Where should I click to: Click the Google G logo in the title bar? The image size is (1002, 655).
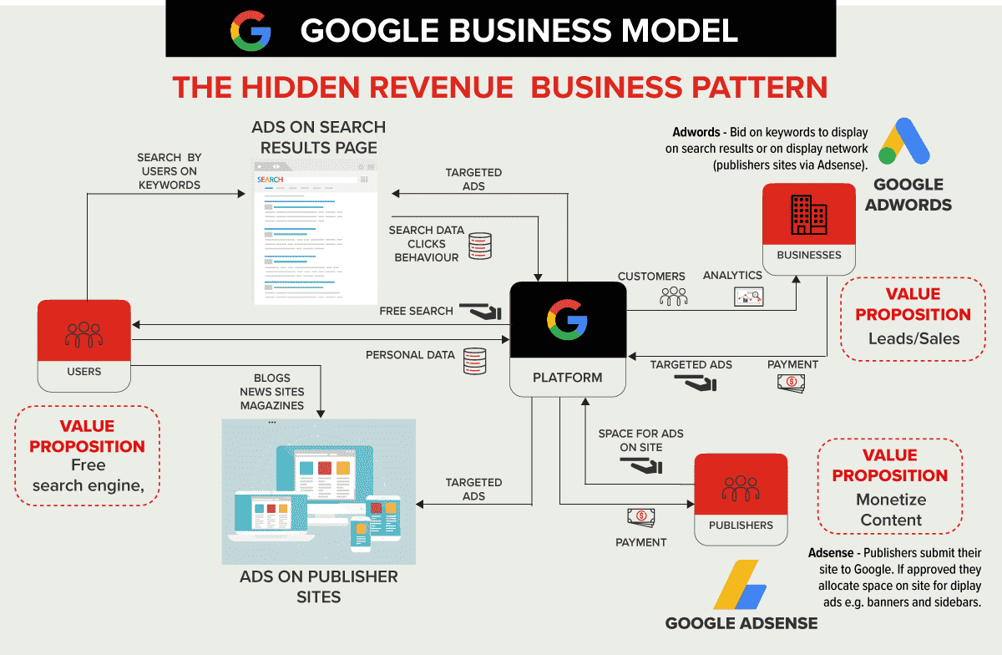tap(250, 32)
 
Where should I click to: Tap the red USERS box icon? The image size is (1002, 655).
tap(83, 333)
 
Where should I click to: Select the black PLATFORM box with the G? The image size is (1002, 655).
tap(568, 322)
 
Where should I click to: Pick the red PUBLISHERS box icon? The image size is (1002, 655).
tap(741, 489)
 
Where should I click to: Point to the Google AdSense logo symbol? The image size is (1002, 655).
tap(740, 586)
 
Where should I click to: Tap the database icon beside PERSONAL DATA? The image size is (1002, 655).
tap(474, 359)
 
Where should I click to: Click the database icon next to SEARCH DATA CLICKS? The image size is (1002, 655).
tap(480, 245)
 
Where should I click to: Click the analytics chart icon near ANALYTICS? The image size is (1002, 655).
tap(749, 297)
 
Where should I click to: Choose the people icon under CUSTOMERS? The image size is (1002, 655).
tap(673, 296)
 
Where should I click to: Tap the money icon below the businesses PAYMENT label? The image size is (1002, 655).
tap(791, 383)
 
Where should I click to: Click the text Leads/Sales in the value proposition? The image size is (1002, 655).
tap(913, 338)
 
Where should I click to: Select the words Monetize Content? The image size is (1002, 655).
tap(889, 510)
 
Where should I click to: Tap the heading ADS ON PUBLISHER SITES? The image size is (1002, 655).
tap(318, 586)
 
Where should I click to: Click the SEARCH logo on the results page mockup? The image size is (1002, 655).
tap(270, 180)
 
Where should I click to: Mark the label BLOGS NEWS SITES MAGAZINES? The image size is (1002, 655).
tap(272, 392)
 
